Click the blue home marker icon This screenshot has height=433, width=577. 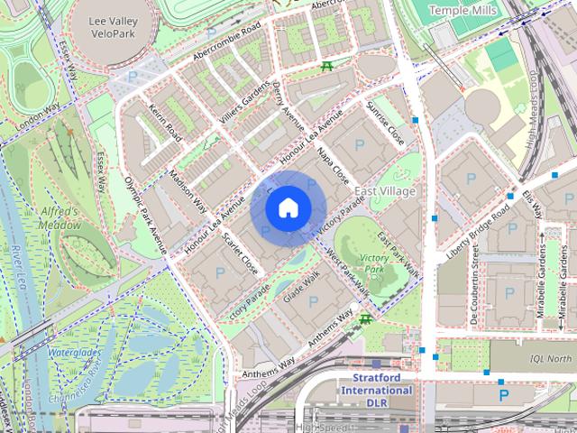click(288, 207)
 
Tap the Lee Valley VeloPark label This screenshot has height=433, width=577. click(113, 26)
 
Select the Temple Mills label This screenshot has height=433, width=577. click(463, 10)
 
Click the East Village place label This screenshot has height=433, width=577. click(385, 192)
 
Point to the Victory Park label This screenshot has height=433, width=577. click(373, 263)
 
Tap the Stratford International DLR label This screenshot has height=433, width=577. click(376, 397)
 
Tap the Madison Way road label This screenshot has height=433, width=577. click(188, 190)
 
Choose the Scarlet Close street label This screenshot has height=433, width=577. click(240, 253)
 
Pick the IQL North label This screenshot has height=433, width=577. click(550, 358)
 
